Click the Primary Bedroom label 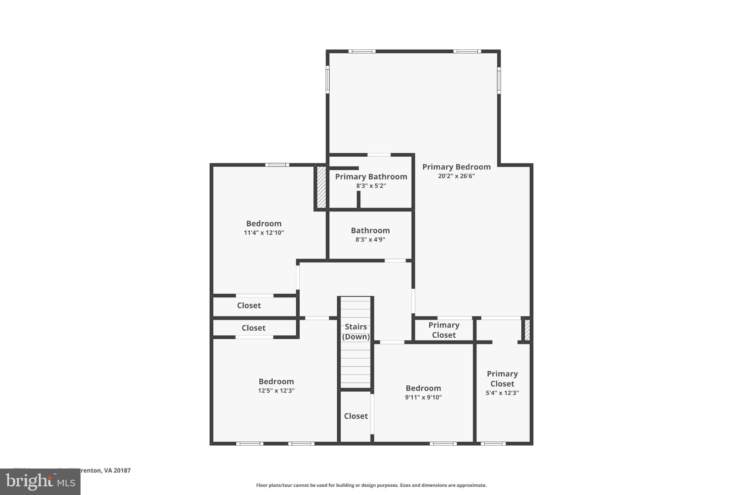tap(456, 167)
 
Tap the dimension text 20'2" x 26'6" tap(456, 176)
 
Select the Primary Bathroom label tap(371, 177)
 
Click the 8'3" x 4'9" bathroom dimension tap(370, 240)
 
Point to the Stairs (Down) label tap(356, 331)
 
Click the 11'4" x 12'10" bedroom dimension tap(263, 233)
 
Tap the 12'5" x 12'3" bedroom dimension tap(276, 391)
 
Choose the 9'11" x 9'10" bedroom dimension tap(423, 397)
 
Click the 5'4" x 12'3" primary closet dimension tap(502, 393)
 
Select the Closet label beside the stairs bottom tap(356, 416)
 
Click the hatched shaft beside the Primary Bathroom tap(321, 187)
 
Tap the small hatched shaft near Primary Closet tap(527, 330)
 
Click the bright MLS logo tap(40, 482)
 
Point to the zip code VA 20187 tap(117, 470)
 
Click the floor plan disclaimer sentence tap(371, 485)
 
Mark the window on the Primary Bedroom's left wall tap(327, 79)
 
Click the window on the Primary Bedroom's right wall tap(499, 80)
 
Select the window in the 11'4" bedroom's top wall tap(277, 165)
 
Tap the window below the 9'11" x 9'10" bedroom tap(443, 444)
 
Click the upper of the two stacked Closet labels tap(249, 306)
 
